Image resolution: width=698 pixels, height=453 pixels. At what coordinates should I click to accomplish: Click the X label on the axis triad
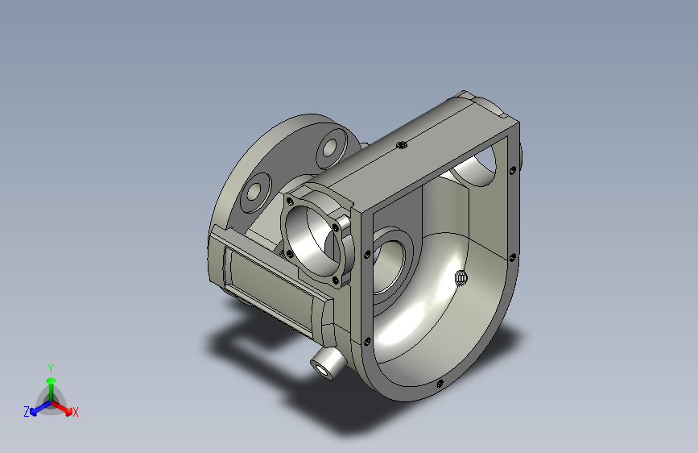tap(75, 412)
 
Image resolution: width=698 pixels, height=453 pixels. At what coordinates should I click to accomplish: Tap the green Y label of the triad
tap(51, 368)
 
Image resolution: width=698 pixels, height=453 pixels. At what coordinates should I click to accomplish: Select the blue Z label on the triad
tap(27, 412)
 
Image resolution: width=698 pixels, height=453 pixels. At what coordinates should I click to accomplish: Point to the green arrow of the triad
tap(52, 388)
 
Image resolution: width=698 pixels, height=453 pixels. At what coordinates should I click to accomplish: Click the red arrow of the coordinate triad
tap(62, 408)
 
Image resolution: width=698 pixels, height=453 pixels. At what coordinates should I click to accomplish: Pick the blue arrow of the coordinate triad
tap(40, 408)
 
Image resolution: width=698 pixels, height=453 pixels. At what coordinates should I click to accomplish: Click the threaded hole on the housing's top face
tap(402, 144)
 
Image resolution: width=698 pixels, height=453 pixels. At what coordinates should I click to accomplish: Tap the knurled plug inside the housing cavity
tap(461, 278)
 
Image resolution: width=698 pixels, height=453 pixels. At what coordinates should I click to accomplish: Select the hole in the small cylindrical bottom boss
tap(321, 370)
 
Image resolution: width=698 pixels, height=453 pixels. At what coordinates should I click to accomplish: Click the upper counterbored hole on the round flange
tap(330, 148)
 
